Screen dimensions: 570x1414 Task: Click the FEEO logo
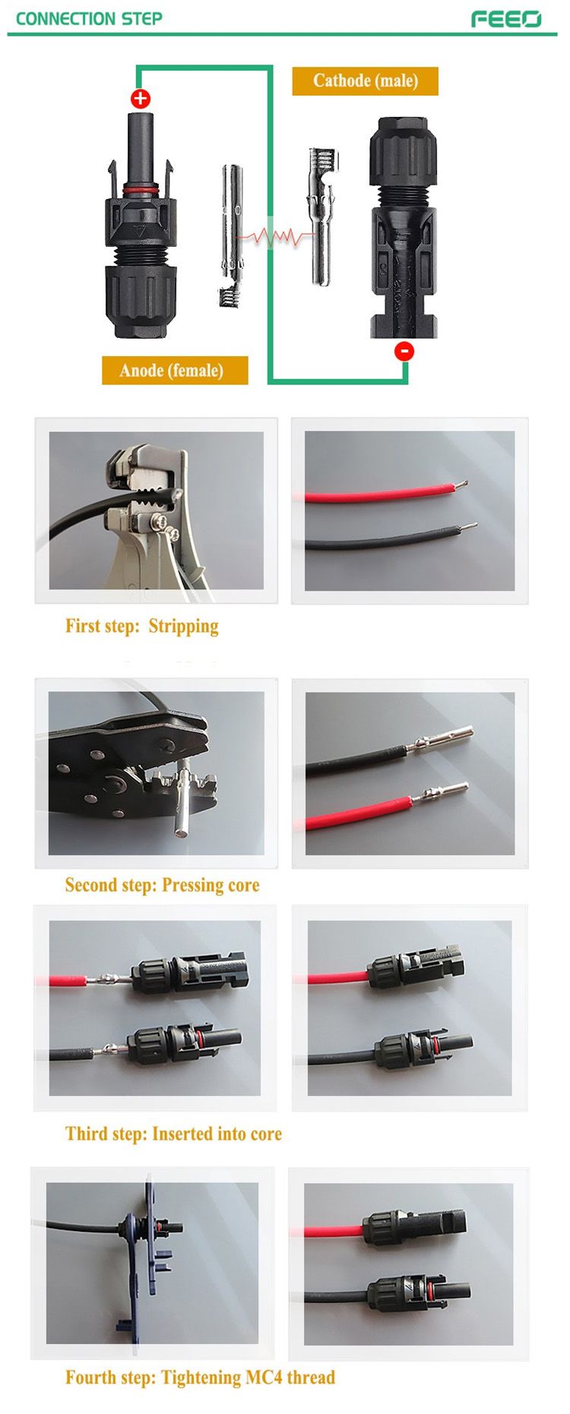click(506, 19)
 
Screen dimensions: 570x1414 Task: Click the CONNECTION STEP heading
click(89, 19)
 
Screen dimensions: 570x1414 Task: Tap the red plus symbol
click(141, 98)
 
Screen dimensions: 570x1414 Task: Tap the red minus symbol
click(404, 350)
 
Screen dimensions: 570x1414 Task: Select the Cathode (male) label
click(366, 81)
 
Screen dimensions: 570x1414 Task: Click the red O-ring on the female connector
click(141, 187)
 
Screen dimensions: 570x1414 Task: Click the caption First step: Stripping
click(142, 627)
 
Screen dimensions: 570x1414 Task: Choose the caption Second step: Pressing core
click(162, 885)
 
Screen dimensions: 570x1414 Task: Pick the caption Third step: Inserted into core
click(173, 1134)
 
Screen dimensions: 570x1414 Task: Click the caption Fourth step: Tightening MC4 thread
click(200, 1378)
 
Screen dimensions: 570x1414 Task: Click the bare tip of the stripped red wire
click(461, 484)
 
